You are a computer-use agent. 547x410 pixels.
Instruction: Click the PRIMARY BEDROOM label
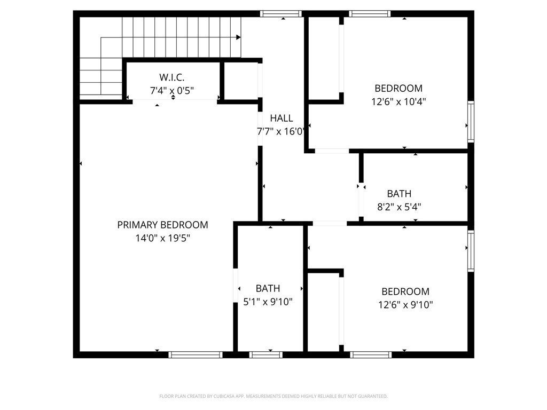click(x=162, y=225)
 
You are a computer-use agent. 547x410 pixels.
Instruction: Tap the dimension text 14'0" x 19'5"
click(x=162, y=238)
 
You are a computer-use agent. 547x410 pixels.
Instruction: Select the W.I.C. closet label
click(x=172, y=77)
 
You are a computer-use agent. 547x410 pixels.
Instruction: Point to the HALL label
click(x=281, y=119)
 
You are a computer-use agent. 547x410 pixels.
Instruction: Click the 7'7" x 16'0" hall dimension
click(x=281, y=131)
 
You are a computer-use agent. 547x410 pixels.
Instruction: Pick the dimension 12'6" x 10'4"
click(x=398, y=101)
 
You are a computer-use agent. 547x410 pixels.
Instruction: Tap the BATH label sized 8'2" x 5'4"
click(x=399, y=194)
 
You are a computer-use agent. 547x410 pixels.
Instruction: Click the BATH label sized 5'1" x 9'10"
click(x=268, y=289)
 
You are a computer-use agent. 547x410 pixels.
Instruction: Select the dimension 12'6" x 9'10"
click(x=405, y=305)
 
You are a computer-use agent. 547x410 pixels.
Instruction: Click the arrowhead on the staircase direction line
click(x=238, y=37)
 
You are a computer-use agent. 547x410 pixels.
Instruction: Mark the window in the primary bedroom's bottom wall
click(x=196, y=354)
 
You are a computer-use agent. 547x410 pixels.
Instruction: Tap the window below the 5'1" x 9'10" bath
click(x=266, y=354)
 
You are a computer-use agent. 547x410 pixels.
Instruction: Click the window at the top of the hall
click(x=281, y=14)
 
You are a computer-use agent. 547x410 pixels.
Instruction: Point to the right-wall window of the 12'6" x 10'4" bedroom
click(x=471, y=122)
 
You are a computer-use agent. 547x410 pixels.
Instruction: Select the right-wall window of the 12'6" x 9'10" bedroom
click(x=471, y=250)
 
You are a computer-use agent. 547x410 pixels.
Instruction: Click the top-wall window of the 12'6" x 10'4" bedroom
click(x=370, y=14)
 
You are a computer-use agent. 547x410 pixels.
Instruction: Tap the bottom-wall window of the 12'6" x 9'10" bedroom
click(x=371, y=354)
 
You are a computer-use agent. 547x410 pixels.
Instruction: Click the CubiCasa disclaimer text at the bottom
click(x=273, y=396)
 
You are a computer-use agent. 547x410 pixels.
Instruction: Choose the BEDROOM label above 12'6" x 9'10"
click(x=405, y=291)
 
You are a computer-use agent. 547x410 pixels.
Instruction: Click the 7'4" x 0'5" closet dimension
click(x=172, y=91)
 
